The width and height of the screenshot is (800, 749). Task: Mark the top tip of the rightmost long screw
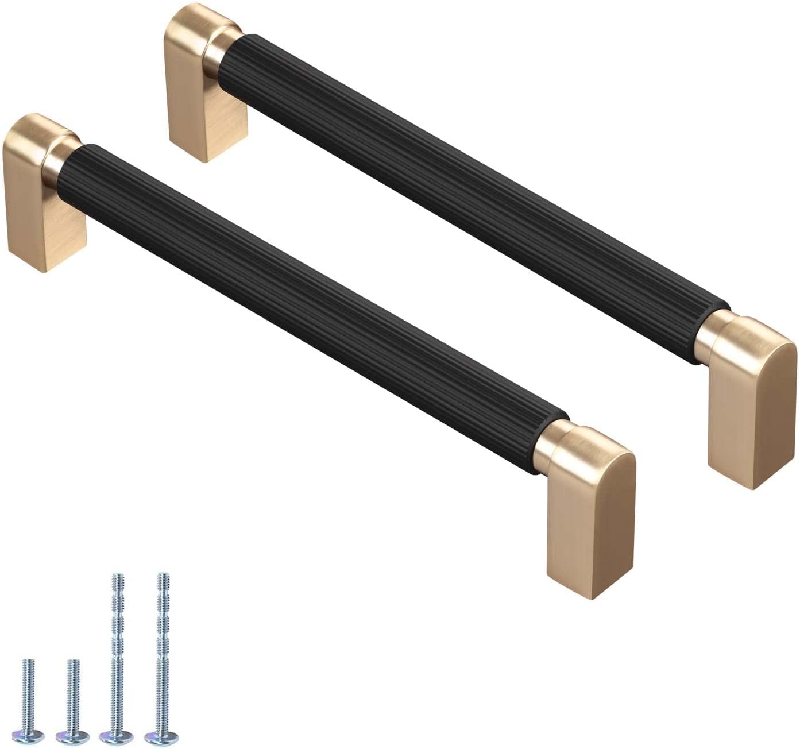[x=163, y=576]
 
